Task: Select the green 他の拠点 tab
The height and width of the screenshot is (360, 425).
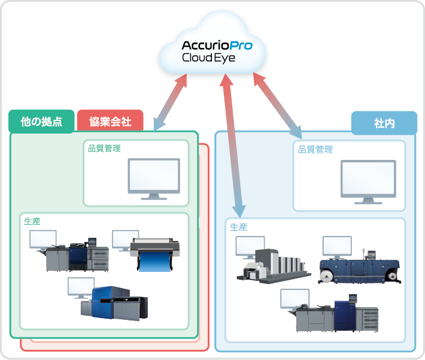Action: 41,121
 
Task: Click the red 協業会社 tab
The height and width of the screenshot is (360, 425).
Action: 110,121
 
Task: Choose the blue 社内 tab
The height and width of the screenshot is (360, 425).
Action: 384,123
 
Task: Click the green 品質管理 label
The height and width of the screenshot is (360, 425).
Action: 105,148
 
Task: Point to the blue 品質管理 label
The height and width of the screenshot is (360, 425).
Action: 315,149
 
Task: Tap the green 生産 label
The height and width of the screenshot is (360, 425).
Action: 32,221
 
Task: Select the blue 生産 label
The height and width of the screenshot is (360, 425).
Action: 239,227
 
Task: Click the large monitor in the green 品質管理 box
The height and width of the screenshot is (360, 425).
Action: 154,179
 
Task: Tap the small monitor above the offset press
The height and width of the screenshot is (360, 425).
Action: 250,246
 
